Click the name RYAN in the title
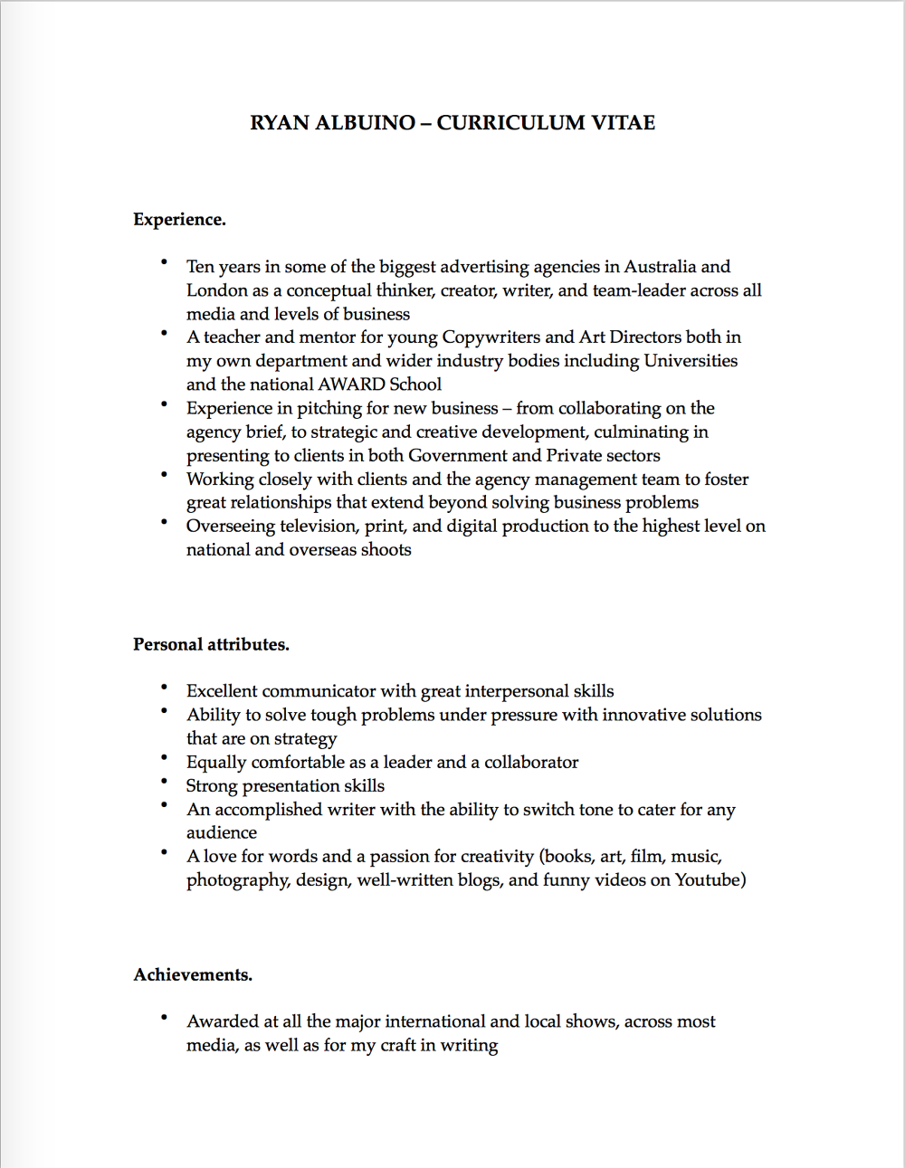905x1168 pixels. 280,123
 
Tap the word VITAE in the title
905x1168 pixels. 624,123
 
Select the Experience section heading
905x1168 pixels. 179,220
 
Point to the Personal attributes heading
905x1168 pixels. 211,645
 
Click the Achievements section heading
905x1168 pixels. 193,975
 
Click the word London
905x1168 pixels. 217,290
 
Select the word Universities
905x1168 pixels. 691,361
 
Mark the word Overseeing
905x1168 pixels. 231,527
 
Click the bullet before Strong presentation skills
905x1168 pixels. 165,781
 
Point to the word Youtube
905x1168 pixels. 707,880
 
